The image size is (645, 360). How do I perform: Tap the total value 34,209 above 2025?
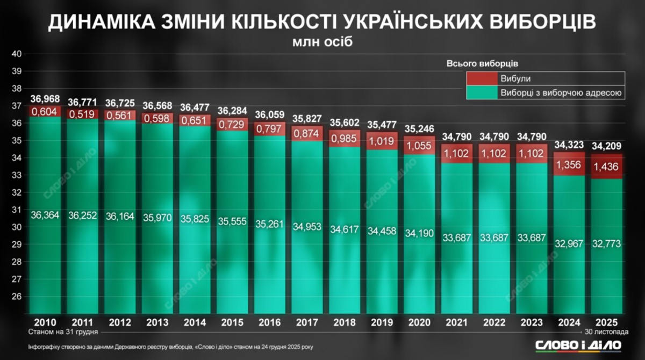(607, 146)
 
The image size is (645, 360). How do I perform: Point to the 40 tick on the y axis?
(16, 54)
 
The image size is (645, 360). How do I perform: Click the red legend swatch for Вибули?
(482, 78)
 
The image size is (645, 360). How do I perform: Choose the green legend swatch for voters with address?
(482, 93)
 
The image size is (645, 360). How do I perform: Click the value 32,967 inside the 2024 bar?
(569, 243)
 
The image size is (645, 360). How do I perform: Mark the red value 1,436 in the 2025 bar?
(607, 168)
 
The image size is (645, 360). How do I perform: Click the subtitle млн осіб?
(322, 42)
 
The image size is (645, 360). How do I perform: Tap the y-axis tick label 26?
(16, 297)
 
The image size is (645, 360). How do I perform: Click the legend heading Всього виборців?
(482, 63)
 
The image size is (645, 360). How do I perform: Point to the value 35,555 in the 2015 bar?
(233, 221)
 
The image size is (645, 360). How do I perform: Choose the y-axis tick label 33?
(16, 175)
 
